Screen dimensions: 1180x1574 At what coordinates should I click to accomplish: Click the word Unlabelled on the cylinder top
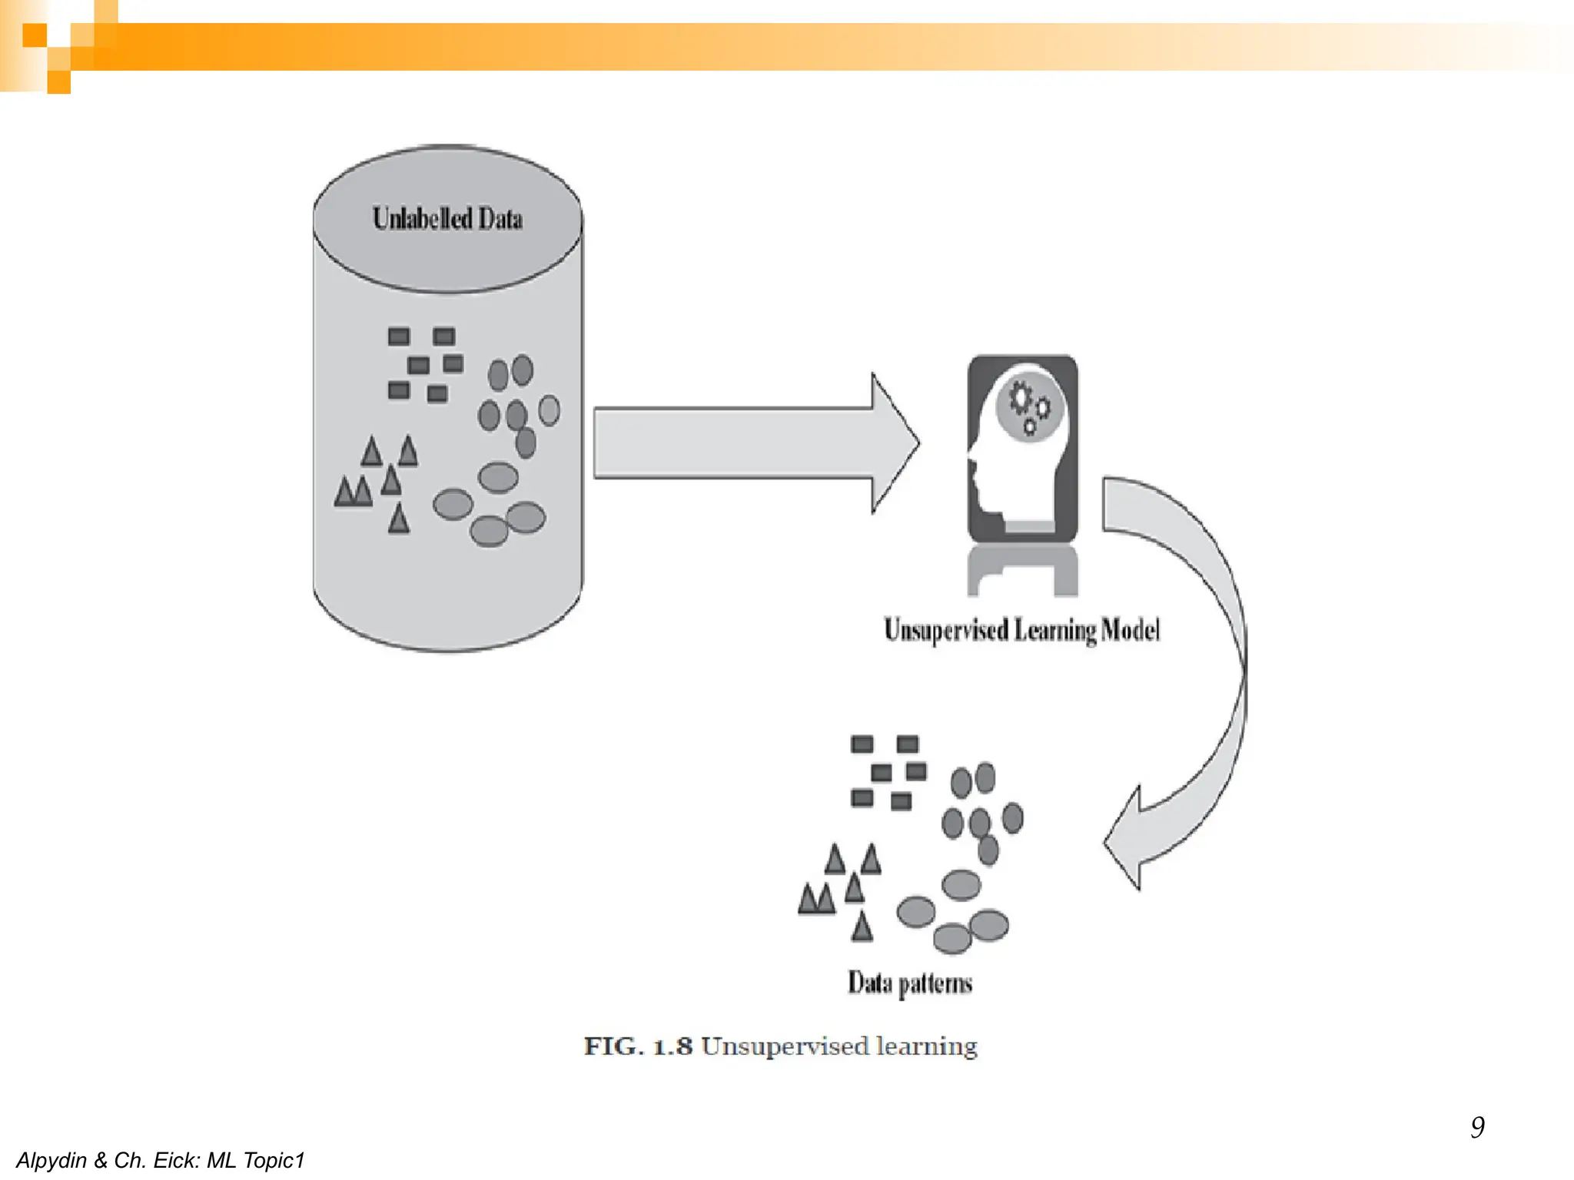[x=421, y=218]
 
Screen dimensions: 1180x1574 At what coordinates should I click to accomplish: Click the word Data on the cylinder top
[x=500, y=219]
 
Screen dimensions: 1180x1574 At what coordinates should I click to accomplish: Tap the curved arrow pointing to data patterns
[x=1199, y=676]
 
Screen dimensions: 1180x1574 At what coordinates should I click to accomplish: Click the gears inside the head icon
[x=1028, y=406]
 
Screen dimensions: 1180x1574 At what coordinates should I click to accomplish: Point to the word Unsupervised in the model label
[x=945, y=630]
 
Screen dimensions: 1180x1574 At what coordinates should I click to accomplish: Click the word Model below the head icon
[x=1130, y=630]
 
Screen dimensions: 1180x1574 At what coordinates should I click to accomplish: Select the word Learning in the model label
[x=1054, y=630]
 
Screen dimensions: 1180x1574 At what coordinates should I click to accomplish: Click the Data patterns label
[x=910, y=983]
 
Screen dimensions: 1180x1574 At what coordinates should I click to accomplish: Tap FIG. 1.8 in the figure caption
[x=638, y=1046]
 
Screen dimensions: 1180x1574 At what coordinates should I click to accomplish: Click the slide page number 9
[x=1477, y=1127]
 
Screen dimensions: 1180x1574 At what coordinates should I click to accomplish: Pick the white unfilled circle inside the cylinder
[x=549, y=410]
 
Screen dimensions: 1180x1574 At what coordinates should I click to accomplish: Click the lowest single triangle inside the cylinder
[x=399, y=520]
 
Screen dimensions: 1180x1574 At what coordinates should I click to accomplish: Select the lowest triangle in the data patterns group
[x=862, y=927]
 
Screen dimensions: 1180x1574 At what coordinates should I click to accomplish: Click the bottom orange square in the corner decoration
[x=59, y=82]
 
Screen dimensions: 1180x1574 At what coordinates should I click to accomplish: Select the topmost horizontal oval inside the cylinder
[x=498, y=477]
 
